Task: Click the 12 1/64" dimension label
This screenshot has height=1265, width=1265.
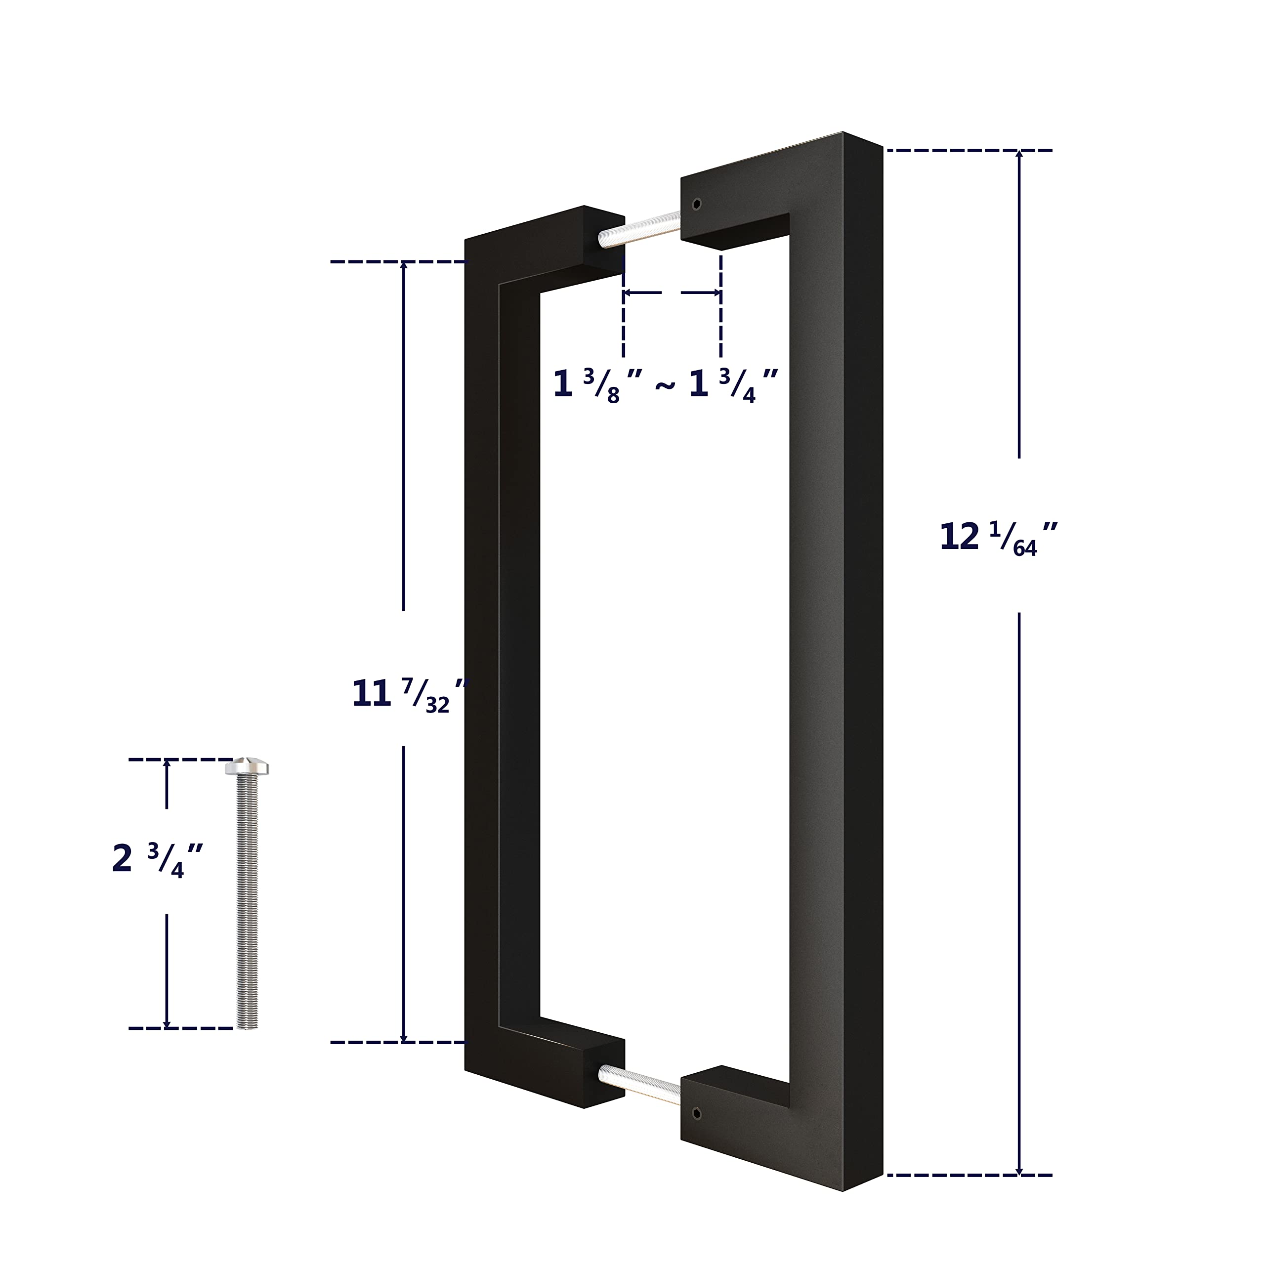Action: click(x=997, y=538)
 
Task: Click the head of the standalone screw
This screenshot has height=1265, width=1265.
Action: click(x=247, y=767)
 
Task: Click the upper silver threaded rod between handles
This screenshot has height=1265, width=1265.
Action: click(x=640, y=229)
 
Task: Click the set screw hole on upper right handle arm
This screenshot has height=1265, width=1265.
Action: click(x=696, y=204)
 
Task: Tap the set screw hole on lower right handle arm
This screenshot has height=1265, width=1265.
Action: click(x=696, y=1114)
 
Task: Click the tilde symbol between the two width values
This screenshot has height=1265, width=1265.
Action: click(x=664, y=386)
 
